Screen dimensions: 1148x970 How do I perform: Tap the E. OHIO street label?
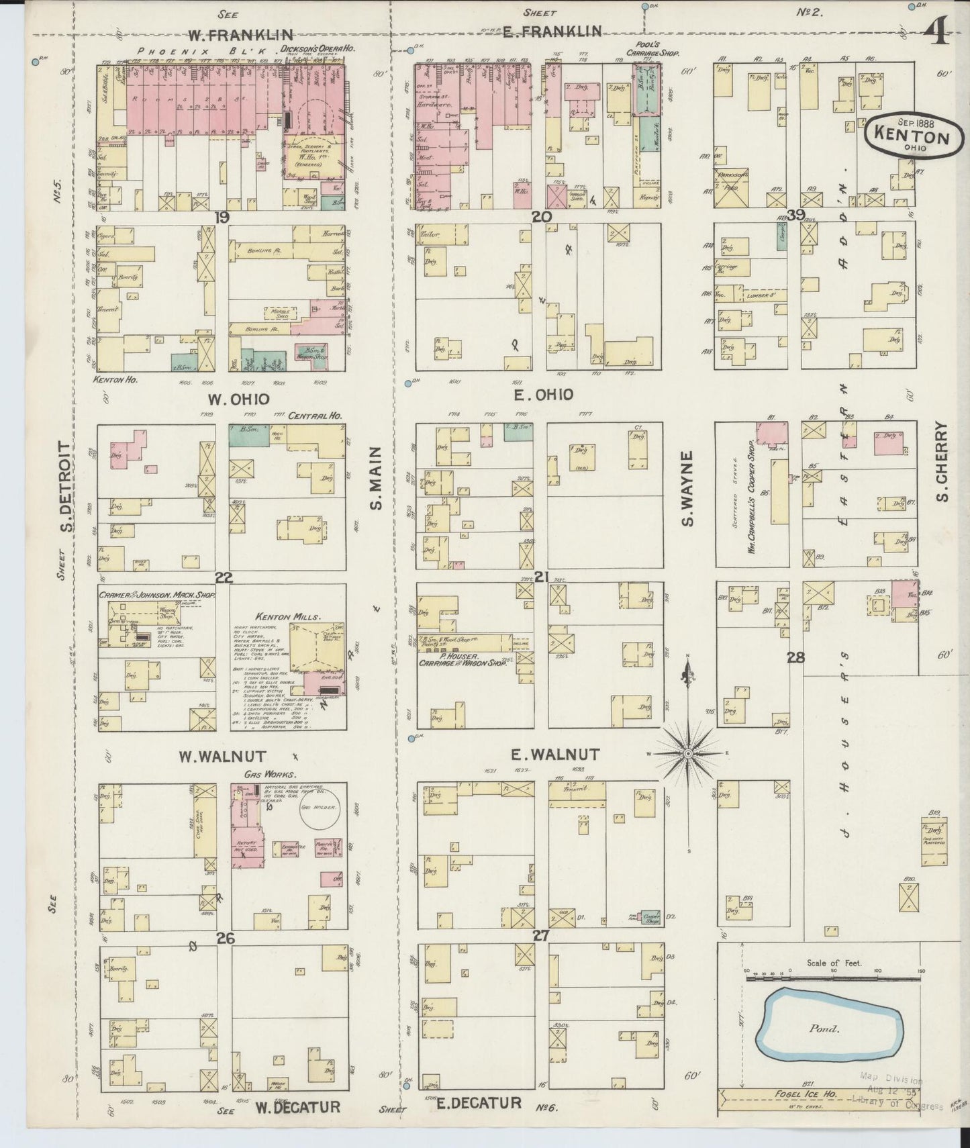(x=543, y=395)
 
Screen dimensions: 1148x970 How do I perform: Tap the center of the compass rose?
(x=688, y=754)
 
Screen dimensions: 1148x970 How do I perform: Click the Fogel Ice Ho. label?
(x=810, y=1095)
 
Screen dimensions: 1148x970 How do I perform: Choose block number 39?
(x=796, y=215)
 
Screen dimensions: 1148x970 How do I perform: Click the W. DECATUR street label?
(x=296, y=1106)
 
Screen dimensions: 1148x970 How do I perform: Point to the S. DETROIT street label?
(x=66, y=486)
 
